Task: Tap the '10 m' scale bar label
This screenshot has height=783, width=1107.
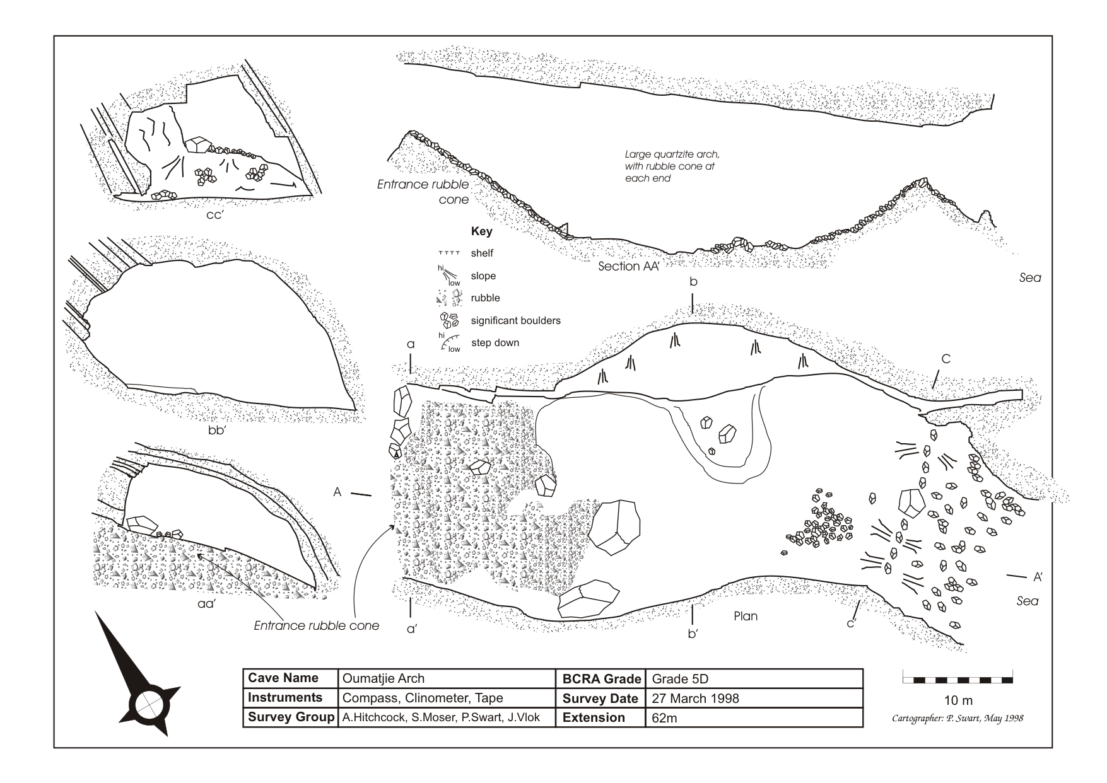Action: tap(958, 700)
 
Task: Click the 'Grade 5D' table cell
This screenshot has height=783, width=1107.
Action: tap(680, 678)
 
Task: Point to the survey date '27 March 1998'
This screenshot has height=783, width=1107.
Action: tap(695, 698)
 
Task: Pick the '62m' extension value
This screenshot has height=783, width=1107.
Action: tap(664, 717)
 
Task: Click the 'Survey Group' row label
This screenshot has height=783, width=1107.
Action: tap(290, 717)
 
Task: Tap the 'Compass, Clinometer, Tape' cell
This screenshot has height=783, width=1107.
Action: tap(423, 698)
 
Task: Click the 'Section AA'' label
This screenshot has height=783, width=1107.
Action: tap(628, 266)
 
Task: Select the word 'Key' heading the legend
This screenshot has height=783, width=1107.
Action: tap(481, 231)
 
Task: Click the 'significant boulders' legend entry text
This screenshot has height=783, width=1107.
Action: tap(515, 320)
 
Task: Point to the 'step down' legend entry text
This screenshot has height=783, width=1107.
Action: tap(495, 343)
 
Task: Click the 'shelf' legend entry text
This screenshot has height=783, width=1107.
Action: tap(482, 253)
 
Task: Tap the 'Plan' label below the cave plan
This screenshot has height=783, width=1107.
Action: tap(745, 616)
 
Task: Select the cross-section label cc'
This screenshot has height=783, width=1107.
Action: tap(216, 214)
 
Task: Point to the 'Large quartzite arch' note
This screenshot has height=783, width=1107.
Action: tap(671, 166)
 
